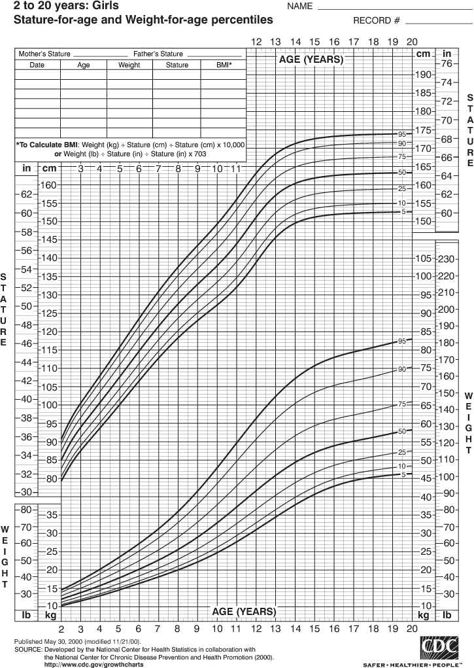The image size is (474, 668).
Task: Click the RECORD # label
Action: coord(376,20)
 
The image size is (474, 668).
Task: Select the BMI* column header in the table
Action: coord(224,65)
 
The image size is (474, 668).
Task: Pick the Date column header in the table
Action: coord(37,65)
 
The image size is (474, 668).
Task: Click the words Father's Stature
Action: coord(158,54)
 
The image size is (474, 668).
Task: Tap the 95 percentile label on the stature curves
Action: coord(402,133)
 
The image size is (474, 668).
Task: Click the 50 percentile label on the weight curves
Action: coord(402,431)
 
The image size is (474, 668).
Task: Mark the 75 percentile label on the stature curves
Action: coord(402,156)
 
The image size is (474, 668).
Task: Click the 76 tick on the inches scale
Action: coord(447,64)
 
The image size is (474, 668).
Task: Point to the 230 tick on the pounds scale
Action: coord(447,259)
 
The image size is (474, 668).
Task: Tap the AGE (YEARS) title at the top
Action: coord(311,60)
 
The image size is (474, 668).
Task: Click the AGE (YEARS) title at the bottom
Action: coord(244,611)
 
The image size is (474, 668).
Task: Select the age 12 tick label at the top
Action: coord(256,42)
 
